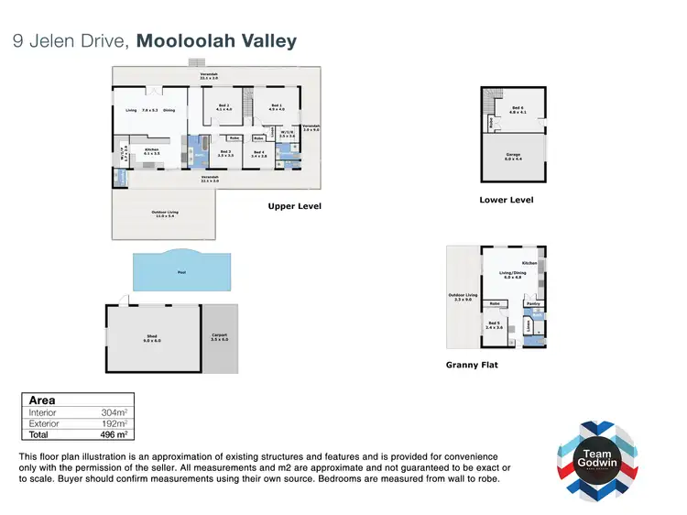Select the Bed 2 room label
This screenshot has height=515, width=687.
[224, 107]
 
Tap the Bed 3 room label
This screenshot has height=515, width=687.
[226, 153]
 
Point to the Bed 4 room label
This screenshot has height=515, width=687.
[259, 153]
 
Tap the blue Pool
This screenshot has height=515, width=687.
[181, 271]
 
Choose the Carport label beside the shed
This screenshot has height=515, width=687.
[220, 337]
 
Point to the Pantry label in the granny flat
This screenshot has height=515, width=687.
[533, 302]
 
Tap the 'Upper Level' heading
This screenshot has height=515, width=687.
[294, 206]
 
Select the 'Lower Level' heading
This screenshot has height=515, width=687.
[507, 200]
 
